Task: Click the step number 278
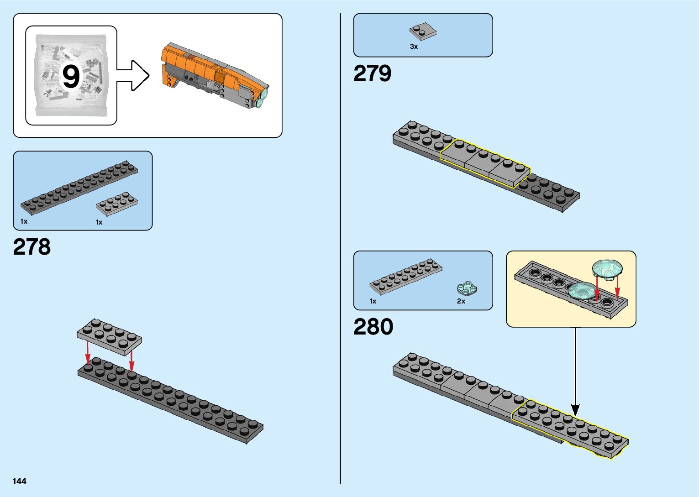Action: click(32, 247)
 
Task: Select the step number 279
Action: click(372, 73)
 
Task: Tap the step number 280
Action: click(373, 327)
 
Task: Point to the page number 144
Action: click(20, 481)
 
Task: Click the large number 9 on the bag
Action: click(71, 76)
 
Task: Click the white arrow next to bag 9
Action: click(133, 75)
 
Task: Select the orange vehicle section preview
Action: click(212, 75)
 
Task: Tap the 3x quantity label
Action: click(414, 47)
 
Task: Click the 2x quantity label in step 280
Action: click(461, 301)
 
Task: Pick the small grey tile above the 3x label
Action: click(422, 31)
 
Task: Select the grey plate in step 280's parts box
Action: click(405, 276)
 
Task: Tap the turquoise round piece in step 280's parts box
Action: click(467, 288)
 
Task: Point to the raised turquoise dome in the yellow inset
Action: click(607, 268)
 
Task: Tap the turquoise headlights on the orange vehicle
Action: click(263, 98)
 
